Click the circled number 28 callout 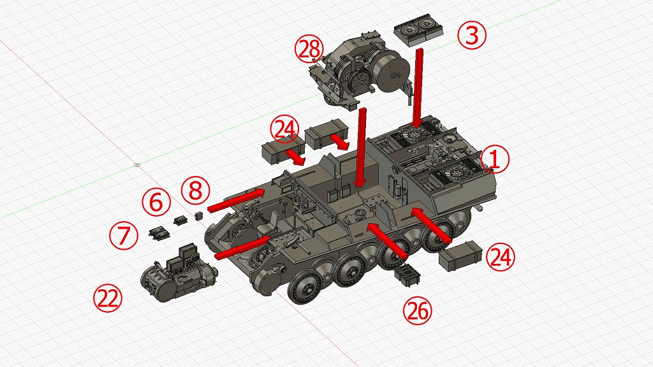point(309,50)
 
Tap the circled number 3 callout point(471,36)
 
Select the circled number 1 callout point(495,159)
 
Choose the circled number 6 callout point(156,202)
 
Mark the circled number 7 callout point(124,235)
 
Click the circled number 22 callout point(108,298)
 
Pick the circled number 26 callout point(418,310)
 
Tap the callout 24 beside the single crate point(501,257)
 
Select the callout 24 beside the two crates point(284,129)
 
